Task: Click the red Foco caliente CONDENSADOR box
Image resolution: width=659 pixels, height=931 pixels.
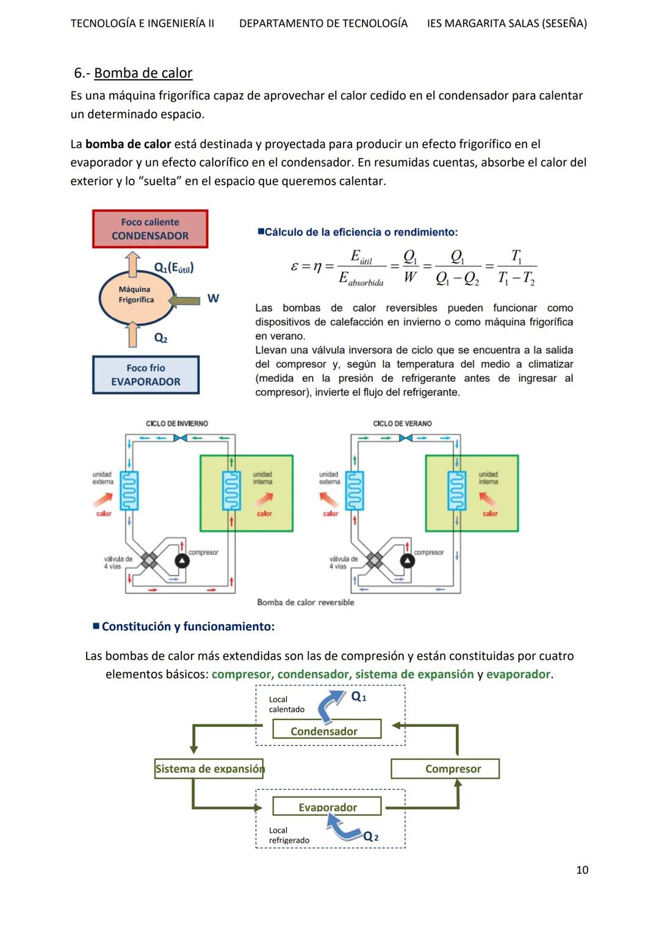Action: [150, 229]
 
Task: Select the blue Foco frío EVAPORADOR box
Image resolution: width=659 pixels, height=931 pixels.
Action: [146, 374]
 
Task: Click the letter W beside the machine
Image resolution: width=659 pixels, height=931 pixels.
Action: [213, 298]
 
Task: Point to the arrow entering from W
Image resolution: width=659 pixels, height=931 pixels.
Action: [184, 300]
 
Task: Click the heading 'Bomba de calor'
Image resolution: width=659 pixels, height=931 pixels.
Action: [143, 73]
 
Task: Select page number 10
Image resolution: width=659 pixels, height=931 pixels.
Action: [582, 870]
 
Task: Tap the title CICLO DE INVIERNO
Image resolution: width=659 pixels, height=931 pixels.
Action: [177, 423]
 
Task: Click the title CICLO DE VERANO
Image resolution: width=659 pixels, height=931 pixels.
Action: [402, 423]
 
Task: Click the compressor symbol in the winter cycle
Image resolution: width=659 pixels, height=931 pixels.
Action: [182, 561]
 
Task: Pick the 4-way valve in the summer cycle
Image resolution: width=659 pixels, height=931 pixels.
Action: [374, 560]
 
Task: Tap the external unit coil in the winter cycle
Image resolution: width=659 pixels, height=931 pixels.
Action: [129, 490]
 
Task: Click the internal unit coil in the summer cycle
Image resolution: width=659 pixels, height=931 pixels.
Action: [456, 490]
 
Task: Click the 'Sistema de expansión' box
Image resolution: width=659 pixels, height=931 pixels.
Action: [209, 769]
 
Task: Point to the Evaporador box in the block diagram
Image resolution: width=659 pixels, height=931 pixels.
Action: [326, 807]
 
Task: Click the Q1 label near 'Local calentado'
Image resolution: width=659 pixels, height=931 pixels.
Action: [359, 697]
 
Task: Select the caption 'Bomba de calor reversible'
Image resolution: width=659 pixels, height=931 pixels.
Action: [305, 602]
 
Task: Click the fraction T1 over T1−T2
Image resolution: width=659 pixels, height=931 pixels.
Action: [516, 267]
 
